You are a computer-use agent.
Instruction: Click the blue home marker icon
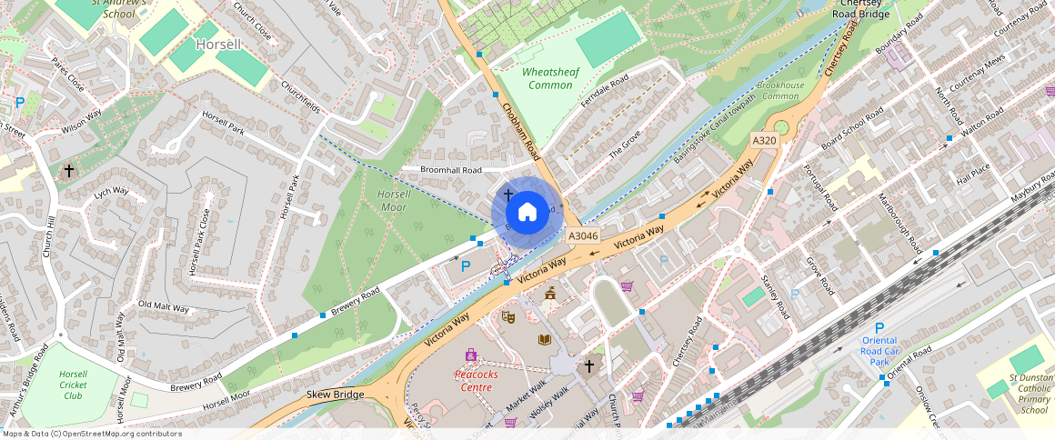[527, 213]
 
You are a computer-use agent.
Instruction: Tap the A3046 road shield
[583, 235]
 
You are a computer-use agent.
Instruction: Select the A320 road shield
[764, 140]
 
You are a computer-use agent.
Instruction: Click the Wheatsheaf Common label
[550, 78]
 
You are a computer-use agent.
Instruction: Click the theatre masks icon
[508, 316]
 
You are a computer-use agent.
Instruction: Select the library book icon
[545, 339]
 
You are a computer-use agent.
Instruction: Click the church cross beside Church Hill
[69, 170]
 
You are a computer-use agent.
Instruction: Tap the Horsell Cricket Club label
[73, 385]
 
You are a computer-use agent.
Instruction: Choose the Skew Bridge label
[337, 394]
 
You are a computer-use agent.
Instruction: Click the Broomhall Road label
[450, 170]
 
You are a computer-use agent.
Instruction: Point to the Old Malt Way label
[163, 307]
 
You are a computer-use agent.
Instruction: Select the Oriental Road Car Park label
[879, 351]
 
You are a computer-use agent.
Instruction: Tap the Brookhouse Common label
[780, 90]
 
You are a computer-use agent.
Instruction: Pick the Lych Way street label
[111, 192]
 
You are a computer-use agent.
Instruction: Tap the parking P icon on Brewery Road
[466, 266]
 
